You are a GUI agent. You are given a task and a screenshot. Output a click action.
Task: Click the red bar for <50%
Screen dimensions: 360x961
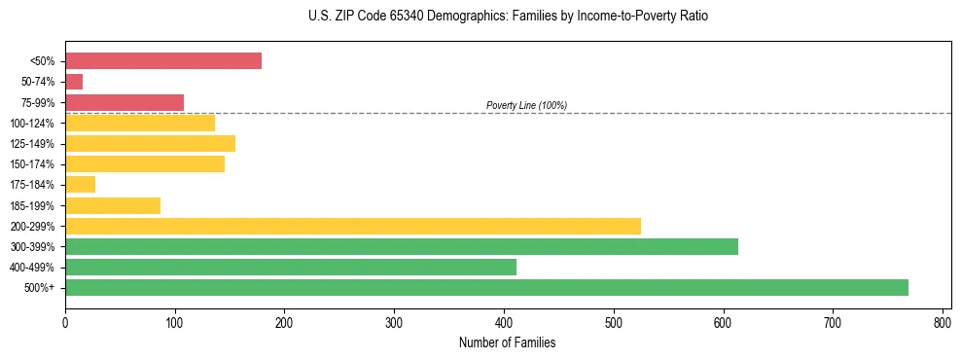tap(163, 61)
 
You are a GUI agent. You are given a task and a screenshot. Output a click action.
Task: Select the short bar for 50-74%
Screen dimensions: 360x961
tap(74, 82)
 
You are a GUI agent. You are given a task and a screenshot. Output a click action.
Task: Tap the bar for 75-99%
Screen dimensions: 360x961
tap(125, 102)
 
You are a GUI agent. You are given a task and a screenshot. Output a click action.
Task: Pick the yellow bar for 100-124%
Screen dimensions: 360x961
tap(140, 123)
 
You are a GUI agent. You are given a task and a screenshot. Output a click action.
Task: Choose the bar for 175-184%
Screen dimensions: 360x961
tap(80, 185)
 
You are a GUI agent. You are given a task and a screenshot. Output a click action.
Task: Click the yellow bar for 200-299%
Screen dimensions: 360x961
tap(353, 226)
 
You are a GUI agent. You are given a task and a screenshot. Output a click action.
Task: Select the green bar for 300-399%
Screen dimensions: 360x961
tap(402, 246)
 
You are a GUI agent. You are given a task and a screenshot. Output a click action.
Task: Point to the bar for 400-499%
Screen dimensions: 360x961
tap(291, 267)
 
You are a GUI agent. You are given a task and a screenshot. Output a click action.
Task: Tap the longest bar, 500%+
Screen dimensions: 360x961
tap(486, 287)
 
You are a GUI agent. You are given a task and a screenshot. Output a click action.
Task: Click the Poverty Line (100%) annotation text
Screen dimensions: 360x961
tap(526, 105)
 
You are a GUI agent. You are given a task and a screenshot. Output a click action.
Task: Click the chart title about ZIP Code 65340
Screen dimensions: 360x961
tap(502, 17)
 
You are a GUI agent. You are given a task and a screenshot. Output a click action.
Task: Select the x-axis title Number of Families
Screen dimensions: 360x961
tap(508, 342)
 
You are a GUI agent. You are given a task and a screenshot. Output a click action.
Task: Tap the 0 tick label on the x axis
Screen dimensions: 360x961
tap(65, 322)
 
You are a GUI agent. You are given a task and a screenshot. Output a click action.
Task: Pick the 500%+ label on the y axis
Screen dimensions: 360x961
tap(41, 288)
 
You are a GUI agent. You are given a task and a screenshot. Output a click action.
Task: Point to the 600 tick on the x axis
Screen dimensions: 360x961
tap(723, 322)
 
